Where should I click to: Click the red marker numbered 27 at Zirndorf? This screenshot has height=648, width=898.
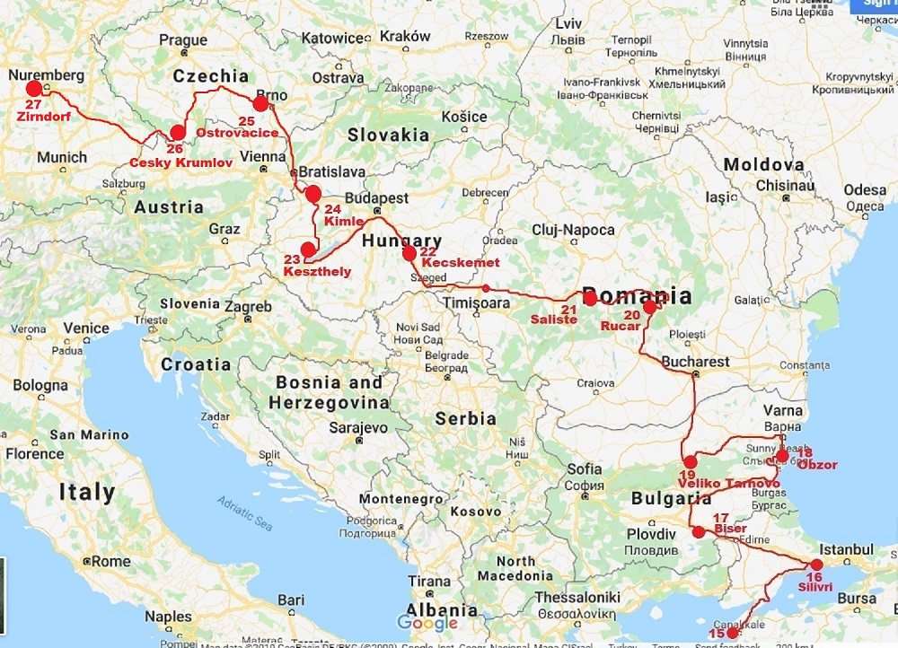(34, 88)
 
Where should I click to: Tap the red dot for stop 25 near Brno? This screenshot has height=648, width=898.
(260, 104)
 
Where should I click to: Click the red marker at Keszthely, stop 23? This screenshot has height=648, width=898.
(308, 250)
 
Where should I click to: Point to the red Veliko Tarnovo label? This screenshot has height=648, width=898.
(728, 484)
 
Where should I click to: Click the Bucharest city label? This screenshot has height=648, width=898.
(697, 362)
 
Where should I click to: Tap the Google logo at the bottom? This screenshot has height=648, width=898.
(427, 622)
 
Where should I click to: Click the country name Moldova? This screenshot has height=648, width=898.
(763, 165)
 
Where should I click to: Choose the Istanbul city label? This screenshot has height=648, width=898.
(849, 548)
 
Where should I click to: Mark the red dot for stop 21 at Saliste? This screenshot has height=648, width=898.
(590, 299)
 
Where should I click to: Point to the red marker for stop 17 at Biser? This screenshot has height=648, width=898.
(699, 532)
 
